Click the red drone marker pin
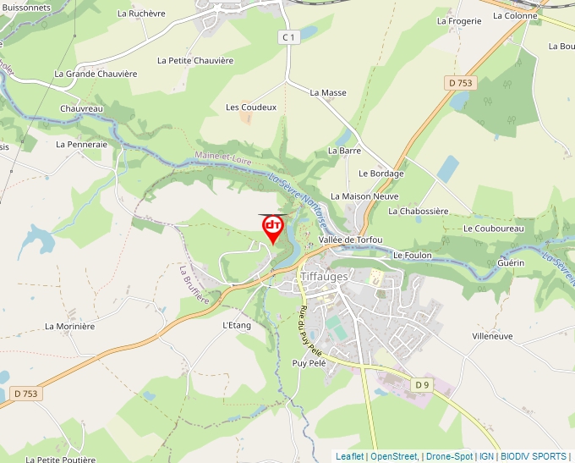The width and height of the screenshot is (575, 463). (273, 227)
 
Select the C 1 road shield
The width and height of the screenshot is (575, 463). (289, 37)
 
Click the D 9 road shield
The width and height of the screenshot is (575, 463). (422, 385)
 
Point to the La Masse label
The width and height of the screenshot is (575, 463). (328, 92)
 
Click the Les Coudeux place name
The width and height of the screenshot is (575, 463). (251, 107)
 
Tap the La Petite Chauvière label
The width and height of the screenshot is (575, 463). (195, 60)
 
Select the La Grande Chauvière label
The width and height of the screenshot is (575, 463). (96, 74)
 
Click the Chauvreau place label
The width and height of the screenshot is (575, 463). (81, 108)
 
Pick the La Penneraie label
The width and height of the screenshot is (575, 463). (82, 144)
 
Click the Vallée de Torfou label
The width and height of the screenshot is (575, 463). (350, 240)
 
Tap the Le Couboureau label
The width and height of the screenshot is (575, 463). (494, 229)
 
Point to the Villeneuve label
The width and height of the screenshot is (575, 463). (492, 336)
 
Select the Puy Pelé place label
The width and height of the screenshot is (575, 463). (309, 362)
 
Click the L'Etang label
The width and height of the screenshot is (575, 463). (237, 325)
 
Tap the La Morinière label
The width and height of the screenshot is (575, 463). (70, 326)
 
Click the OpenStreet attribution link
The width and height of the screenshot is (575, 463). (393, 456)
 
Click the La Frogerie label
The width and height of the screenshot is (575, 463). (459, 21)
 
